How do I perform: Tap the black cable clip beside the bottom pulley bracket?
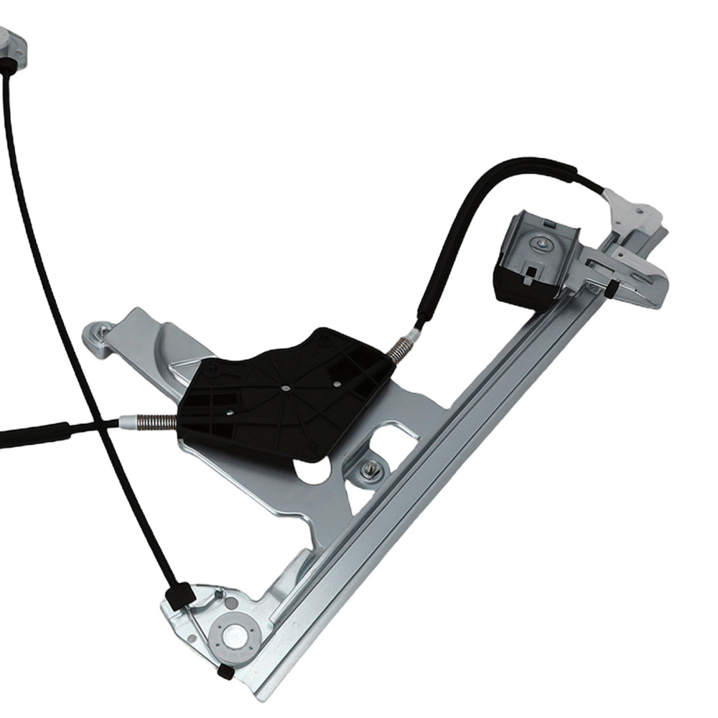(178, 594)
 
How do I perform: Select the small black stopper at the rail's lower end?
(225, 672)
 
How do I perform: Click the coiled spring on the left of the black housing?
(157, 422)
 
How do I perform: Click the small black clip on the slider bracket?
(610, 289)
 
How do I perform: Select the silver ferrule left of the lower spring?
(127, 422)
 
